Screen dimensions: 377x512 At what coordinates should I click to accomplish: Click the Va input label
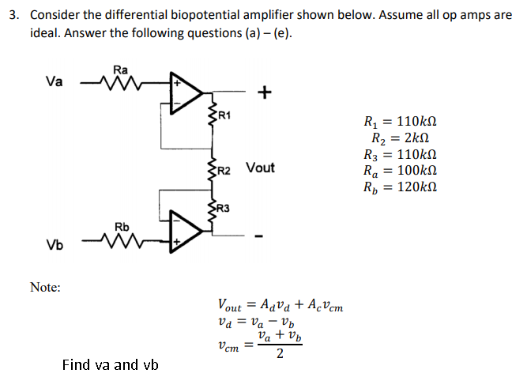(x=55, y=81)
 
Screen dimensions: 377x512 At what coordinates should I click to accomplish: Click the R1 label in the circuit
(x=224, y=116)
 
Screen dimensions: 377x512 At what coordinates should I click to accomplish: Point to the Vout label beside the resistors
(x=260, y=168)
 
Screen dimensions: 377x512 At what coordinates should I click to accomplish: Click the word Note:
(x=45, y=288)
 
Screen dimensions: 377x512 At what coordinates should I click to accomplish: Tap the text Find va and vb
(x=110, y=365)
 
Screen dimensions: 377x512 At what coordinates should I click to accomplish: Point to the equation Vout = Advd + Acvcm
(x=280, y=305)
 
